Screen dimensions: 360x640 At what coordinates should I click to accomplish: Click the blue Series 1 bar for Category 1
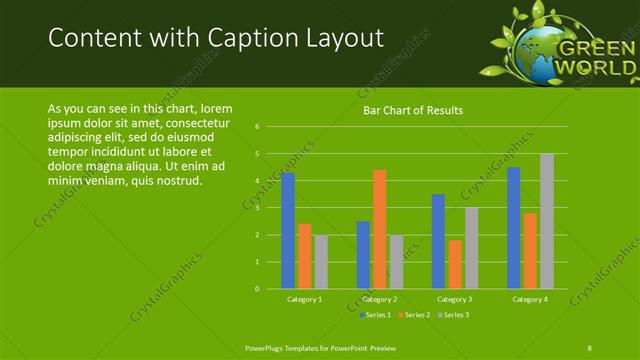point(288,231)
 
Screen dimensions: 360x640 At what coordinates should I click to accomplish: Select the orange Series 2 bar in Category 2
point(379,230)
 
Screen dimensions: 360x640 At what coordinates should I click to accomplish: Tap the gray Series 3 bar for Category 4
point(547,222)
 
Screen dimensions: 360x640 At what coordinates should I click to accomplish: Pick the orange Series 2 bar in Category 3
point(455,265)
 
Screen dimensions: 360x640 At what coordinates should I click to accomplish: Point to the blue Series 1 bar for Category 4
point(514,228)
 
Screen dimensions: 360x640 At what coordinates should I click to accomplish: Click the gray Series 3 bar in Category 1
point(321,262)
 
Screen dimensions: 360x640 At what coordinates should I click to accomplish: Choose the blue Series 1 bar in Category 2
point(363,255)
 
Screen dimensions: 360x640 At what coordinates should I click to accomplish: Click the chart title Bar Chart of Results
point(413,110)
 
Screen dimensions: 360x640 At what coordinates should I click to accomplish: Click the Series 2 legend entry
point(413,315)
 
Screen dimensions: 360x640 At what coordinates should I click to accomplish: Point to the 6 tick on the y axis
point(258,127)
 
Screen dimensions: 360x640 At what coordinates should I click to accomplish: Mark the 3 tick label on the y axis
point(258,208)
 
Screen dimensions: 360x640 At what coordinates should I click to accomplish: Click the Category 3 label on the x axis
point(455,299)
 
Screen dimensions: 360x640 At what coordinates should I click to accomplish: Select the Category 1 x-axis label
point(304,299)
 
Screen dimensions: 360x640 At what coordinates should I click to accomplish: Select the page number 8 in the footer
point(589,347)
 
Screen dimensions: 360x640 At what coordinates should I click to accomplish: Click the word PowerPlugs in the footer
point(268,347)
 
